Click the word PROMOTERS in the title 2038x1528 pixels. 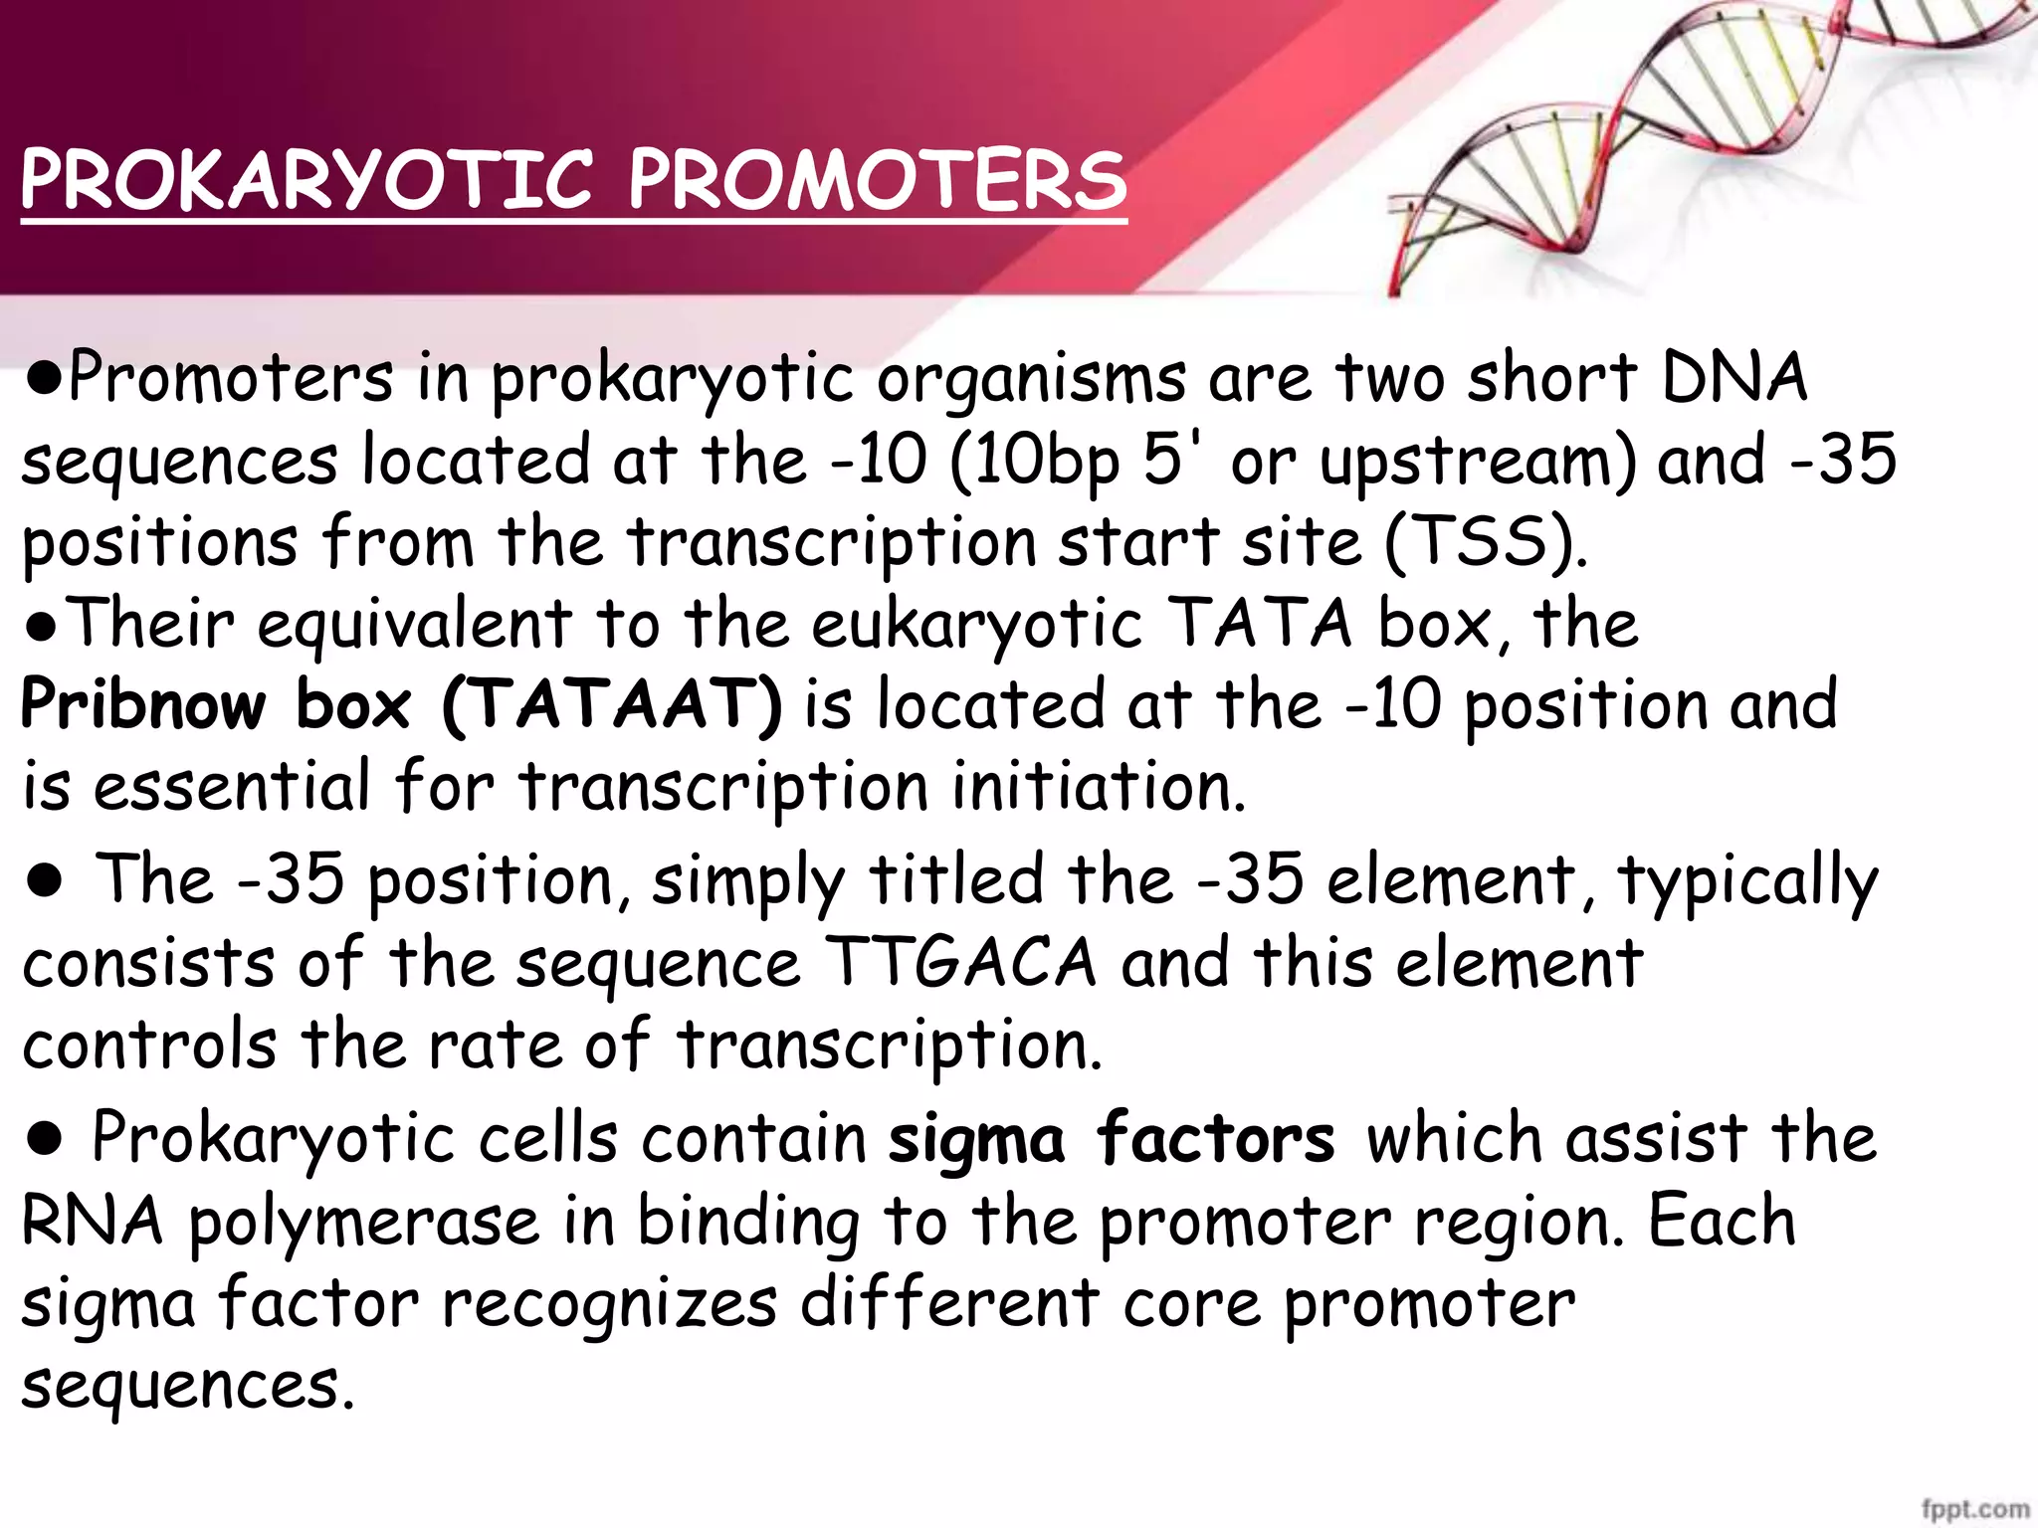[877, 181]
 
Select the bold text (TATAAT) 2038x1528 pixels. [612, 705]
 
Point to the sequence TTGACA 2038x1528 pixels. [961, 963]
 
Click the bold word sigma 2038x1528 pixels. [976, 1140]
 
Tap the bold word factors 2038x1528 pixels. [1215, 1138]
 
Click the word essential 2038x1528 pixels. [232, 786]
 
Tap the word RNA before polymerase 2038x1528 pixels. [93, 1222]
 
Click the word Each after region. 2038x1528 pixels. [1722, 1222]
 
